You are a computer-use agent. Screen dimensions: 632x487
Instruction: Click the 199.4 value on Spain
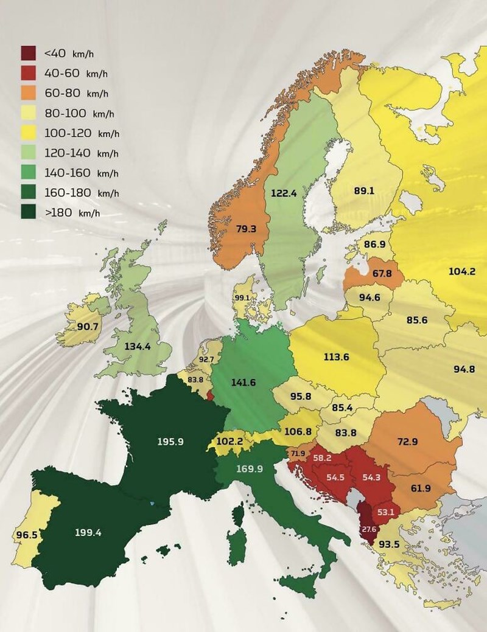88,532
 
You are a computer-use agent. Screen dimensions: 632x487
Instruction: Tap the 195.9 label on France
170,442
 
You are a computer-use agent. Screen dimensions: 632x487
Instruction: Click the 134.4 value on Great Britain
138,346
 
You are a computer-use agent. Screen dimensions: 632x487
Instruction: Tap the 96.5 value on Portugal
25,537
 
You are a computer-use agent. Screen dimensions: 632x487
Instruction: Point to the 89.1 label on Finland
363,190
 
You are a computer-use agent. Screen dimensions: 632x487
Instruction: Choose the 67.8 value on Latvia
382,273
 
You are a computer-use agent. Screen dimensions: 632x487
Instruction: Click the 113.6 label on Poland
336,356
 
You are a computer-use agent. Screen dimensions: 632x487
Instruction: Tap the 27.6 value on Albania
369,529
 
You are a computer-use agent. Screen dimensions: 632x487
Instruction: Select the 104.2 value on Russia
461,271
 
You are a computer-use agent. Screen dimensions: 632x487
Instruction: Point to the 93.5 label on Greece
390,544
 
